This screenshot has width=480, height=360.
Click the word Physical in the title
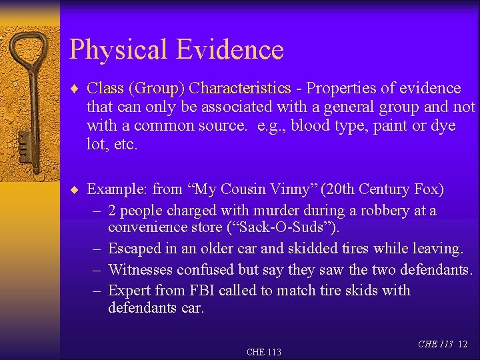(x=117, y=50)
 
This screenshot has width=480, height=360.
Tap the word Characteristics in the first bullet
(x=240, y=88)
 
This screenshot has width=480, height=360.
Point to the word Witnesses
(x=139, y=269)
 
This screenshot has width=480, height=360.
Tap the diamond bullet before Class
(x=77, y=89)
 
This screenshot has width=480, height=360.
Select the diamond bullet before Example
(x=77, y=190)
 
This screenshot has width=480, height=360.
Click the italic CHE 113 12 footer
(x=442, y=344)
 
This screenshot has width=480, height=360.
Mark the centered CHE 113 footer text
(x=264, y=352)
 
